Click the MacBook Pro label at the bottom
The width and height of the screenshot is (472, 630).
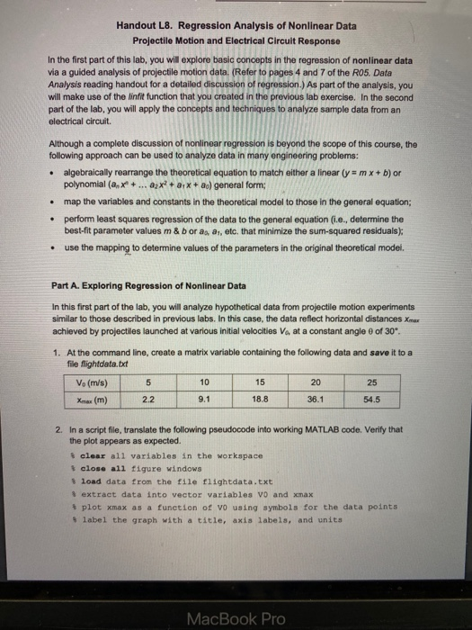236,617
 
